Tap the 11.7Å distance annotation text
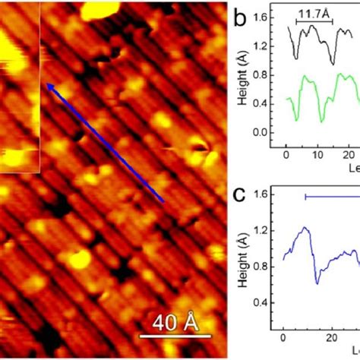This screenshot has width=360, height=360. (x=313, y=14)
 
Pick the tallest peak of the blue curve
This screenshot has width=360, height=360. (x=305, y=227)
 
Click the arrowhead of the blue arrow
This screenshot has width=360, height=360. (x=49, y=86)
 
